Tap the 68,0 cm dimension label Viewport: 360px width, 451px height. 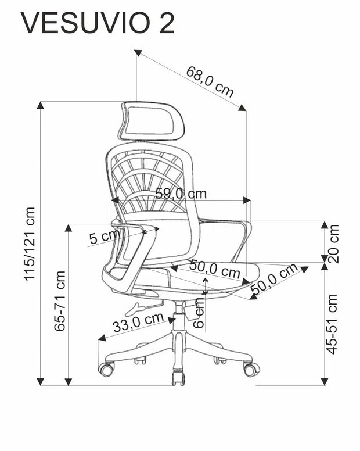pos(210,81)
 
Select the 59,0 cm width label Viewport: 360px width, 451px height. pos(181,194)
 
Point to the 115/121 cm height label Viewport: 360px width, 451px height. pos(30,244)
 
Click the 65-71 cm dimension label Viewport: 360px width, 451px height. pos(59,301)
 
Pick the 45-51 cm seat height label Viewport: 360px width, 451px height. pos(332,324)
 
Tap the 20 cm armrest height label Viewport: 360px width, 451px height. pos(333,244)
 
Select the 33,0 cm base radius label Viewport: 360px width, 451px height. pos(138,323)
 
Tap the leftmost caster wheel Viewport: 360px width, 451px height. pos(106,368)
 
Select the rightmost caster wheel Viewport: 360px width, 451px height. pos(251,369)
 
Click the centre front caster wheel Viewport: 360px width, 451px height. pos(178,378)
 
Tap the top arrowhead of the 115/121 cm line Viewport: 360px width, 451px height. pos(41,105)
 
